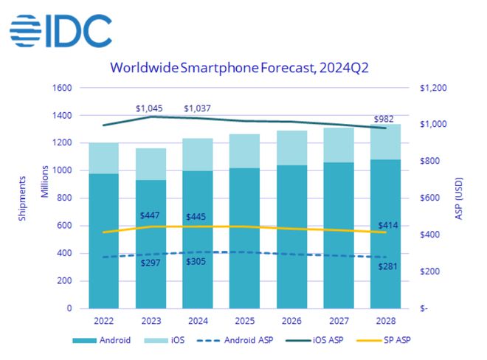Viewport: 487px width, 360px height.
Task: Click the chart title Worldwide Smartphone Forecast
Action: [239, 69]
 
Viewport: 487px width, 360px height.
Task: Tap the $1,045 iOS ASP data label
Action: [150, 108]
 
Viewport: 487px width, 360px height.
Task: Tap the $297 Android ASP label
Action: [151, 263]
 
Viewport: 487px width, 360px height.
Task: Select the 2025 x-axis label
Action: [245, 321]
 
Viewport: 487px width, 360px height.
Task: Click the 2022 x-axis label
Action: [104, 321]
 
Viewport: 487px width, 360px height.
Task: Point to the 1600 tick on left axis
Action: [61, 88]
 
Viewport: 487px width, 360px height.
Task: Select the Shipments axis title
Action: [23, 197]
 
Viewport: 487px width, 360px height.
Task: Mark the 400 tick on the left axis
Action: [64, 254]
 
